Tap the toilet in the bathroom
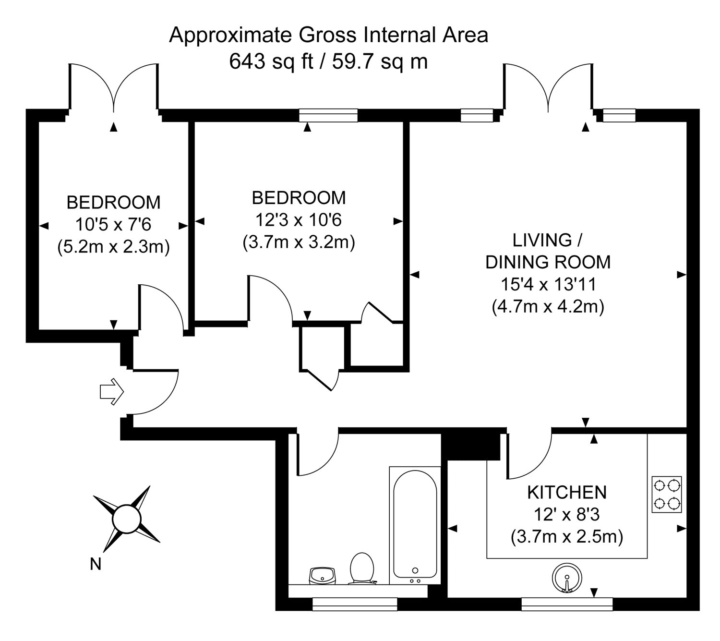pyautogui.click(x=362, y=568)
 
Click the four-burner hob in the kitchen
pyautogui.click(x=667, y=494)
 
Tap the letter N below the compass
pyautogui.click(x=96, y=564)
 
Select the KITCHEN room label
pyautogui.click(x=567, y=492)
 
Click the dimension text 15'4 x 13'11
pyautogui.click(x=548, y=284)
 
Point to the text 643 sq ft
pyautogui.click(x=271, y=62)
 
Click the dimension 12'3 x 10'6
pyautogui.click(x=298, y=220)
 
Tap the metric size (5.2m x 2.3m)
pyautogui.click(x=114, y=247)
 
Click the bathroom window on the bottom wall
pyautogui.click(x=355, y=604)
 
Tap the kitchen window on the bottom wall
pyautogui.click(x=567, y=604)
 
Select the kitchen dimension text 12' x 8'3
pyautogui.click(x=567, y=515)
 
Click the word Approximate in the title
pyautogui.click(x=231, y=35)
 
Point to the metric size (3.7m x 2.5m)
pyautogui.click(x=567, y=536)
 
